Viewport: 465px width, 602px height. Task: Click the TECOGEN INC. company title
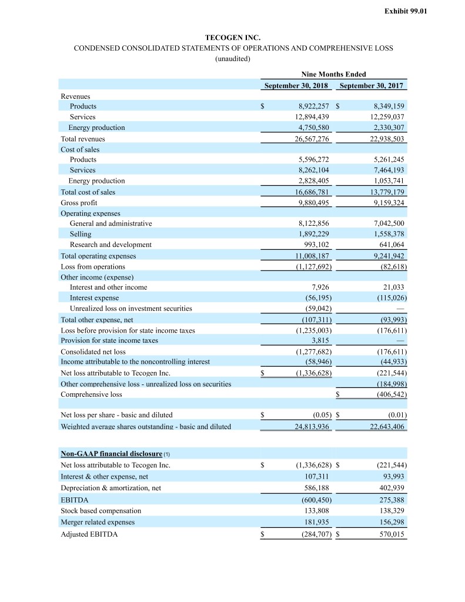click(x=232, y=38)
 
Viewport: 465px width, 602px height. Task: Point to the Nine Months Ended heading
click(x=333, y=74)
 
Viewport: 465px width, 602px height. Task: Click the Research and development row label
click(x=111, y=245)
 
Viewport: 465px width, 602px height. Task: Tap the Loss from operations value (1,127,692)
click(x=312, y=266)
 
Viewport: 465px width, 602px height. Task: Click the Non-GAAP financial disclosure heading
click(x=112, y=454)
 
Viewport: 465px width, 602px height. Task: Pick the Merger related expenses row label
click(x=98, y=522)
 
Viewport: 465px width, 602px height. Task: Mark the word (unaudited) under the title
click(x=233, y=59)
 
